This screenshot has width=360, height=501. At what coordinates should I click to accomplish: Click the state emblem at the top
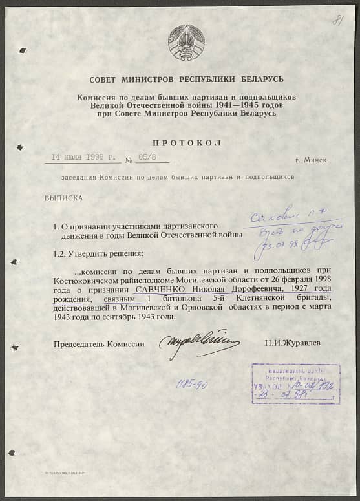[x=186, y=42]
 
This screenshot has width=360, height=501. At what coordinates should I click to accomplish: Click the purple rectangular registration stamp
[x=295, y=383]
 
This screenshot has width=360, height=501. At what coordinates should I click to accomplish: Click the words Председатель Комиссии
[x=99, y=343]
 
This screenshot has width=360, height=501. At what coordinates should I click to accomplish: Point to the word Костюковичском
[x=83, y=279]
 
